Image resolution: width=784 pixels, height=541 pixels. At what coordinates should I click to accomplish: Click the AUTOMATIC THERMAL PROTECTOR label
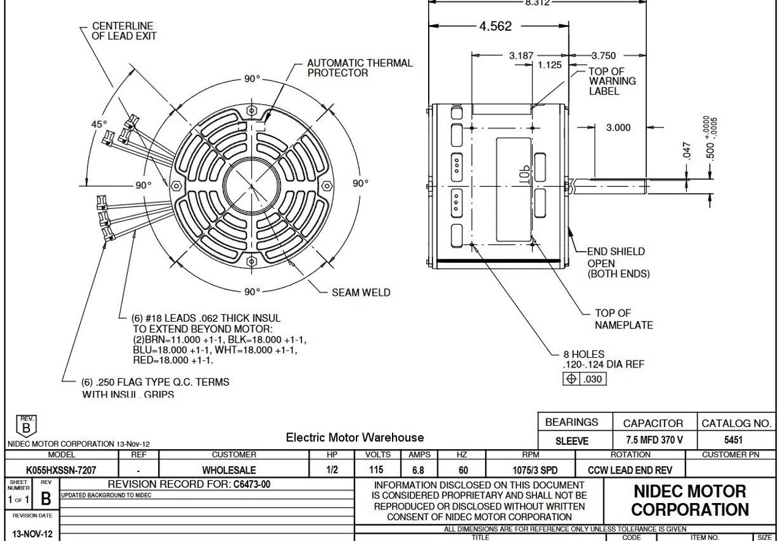359,68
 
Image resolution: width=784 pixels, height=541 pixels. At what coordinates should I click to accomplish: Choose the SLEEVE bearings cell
571,439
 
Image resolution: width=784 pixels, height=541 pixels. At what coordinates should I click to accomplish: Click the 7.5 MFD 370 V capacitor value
653,439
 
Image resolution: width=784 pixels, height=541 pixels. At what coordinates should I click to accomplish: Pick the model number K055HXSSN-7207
55,471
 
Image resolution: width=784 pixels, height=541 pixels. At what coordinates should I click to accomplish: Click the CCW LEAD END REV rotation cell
631,471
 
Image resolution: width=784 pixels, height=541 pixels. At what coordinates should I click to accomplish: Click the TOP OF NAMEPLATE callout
620,319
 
